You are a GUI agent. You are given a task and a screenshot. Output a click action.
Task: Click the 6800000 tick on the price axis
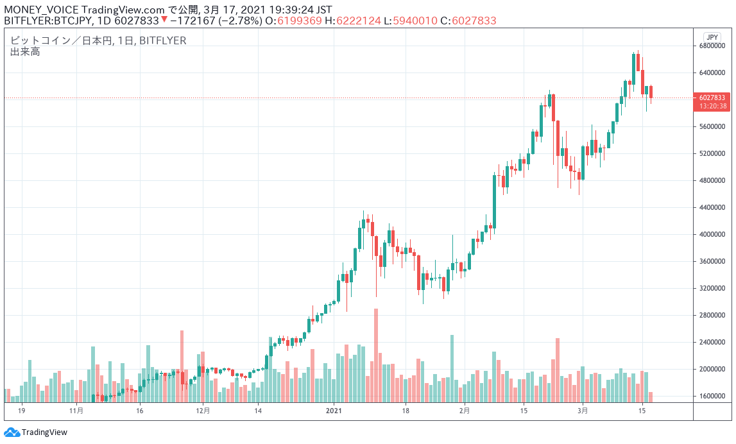[x=712, y=46]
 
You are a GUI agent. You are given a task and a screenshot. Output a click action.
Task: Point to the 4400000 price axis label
[x=712, y=208]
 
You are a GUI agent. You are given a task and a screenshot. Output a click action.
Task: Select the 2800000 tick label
[x=712, y=316]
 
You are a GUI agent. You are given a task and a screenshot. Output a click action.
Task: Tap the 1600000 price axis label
[x=712, y=397]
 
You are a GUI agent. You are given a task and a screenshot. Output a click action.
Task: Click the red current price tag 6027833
[x=713, y=98]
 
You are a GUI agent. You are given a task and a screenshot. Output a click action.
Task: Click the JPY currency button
[x=712, y=37]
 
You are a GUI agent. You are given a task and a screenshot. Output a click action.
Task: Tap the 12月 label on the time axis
[x=203, y=410]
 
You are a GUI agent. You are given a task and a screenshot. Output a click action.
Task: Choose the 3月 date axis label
[x=583, y=410]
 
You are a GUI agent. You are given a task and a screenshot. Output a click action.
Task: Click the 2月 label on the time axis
[x=464, y=410]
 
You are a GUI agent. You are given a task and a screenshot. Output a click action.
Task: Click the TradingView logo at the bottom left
[x=36, y=432]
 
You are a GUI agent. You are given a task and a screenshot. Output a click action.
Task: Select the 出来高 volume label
[x=25, y=52]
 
